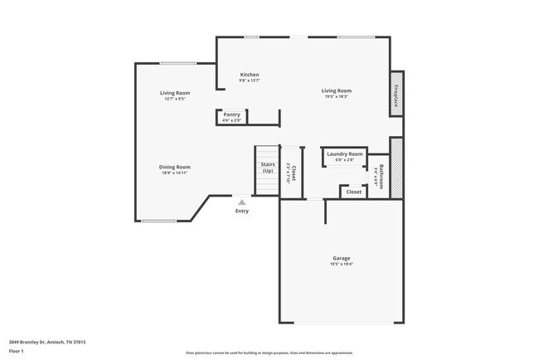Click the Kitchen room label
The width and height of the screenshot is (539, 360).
(x=250, y=75)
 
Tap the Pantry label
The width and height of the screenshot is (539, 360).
(x=231, y=114)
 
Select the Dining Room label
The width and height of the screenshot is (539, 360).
(x=174, y=167)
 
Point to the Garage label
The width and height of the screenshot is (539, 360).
(x=342, y=258)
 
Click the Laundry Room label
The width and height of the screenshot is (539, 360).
(x=344, y=153)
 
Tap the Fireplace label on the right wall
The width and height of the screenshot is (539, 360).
(x=396, y=95)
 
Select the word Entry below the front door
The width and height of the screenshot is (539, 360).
(x=241, y=212)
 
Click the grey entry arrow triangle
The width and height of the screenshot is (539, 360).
(x=241, y=201)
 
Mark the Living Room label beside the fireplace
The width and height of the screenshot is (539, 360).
(x=336, y=90)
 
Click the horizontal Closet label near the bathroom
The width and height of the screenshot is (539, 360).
(x=353, y=192)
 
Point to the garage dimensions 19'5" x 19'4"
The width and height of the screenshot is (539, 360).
(x=342, y=264)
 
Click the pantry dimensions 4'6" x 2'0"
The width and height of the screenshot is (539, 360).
(x=231, y=120)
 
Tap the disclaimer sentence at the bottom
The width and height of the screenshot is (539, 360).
(x=269, y=353)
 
